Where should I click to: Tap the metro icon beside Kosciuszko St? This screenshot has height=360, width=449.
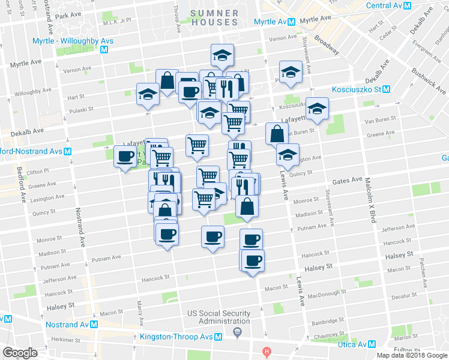(387, 89)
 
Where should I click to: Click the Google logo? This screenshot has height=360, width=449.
(20, 353)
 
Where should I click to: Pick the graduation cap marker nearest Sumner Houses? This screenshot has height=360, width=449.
(222, 56)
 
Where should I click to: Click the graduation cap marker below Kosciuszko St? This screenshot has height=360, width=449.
(317, 108)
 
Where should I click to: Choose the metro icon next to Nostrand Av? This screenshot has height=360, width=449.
(94, 324)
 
